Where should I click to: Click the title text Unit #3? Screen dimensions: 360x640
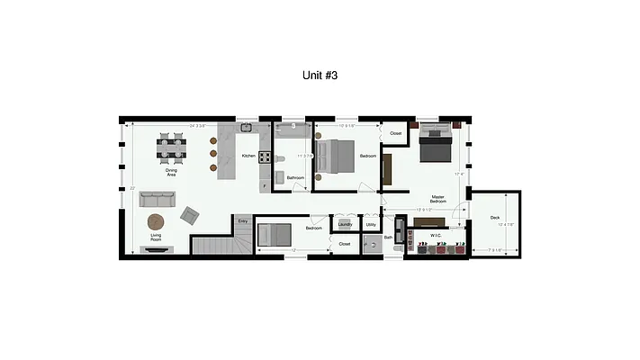click(x=320, y=76)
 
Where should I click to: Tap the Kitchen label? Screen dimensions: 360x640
click(x=248, y=156)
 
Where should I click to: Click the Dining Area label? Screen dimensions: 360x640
click(x=170, y=172)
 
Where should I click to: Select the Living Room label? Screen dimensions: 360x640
click(x=155, y=238)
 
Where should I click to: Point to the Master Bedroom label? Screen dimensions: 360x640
click(x=437, y=198)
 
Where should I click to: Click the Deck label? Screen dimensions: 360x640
click(x=494, y=218)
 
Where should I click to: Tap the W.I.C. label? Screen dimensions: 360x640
click(x=435, y=235)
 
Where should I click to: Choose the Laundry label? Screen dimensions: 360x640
click(x=345, y=225)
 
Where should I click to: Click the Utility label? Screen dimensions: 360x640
click(x=371, y=225)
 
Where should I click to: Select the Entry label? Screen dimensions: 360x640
click(x=243, y=220)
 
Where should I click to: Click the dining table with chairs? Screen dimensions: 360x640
click(x=172, y=148)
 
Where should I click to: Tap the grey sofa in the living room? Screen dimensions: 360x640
click(x=157, y=197)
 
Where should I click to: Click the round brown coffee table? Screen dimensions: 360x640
click(x=158, y=220)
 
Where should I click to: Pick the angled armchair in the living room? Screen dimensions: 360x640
click(x=190, y=215)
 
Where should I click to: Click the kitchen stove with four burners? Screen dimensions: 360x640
click(x=266, y=157)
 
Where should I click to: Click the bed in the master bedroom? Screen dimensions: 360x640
click(x=436, y=144)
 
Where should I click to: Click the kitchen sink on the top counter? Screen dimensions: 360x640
click(x=244, y=129)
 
